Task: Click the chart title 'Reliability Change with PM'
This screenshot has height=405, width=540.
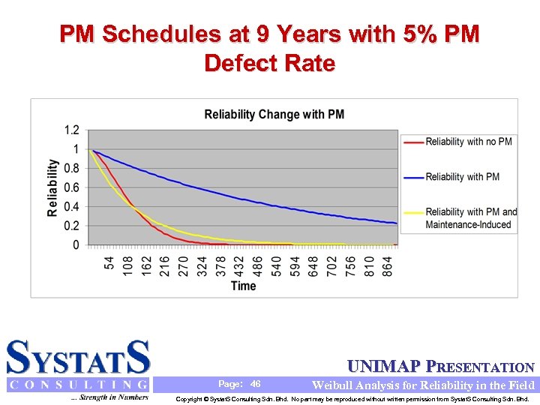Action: tap(274, 115)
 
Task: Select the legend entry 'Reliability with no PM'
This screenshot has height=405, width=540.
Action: tap(469, 141)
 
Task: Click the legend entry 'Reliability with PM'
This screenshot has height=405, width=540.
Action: tap(462, 176)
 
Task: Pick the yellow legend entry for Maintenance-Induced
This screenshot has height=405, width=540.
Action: tap(471, 218)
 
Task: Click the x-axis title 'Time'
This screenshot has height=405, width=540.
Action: tap(243, 286)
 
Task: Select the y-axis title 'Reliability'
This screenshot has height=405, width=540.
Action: tap(52, 187)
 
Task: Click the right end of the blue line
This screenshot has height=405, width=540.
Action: tap(396, 223)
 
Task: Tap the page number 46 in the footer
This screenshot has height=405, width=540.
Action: tap(255, 384)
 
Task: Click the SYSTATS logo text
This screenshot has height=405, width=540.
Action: tap(78, 358)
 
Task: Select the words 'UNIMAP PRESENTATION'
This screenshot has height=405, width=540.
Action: tap(441, 367)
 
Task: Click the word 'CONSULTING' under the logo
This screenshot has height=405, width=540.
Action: tap(78, 385)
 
